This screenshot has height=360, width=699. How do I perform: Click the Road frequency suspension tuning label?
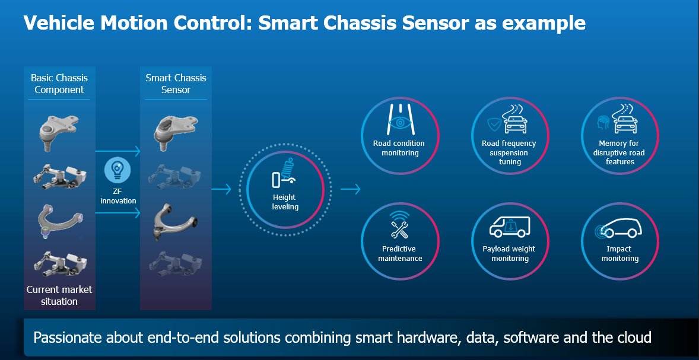509,152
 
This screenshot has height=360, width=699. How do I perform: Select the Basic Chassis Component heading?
59,84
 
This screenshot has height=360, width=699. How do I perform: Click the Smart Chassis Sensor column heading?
176,84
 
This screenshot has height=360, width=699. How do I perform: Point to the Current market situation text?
59,295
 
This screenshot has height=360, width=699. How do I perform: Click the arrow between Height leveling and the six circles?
351,190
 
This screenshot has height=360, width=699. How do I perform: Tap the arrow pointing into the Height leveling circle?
221,190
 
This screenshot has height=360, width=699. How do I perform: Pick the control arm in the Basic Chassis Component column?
59,219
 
